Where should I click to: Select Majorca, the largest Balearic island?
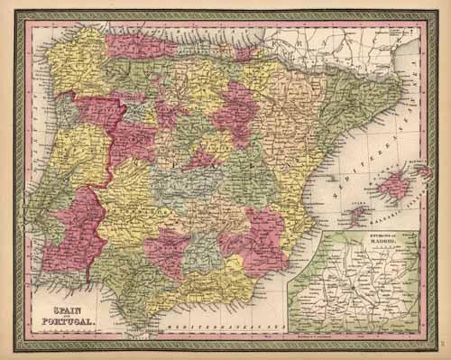click(x=393, y=187)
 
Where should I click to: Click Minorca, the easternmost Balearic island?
click(x=423, y=170)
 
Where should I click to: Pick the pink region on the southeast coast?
click(x=257, y=239)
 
